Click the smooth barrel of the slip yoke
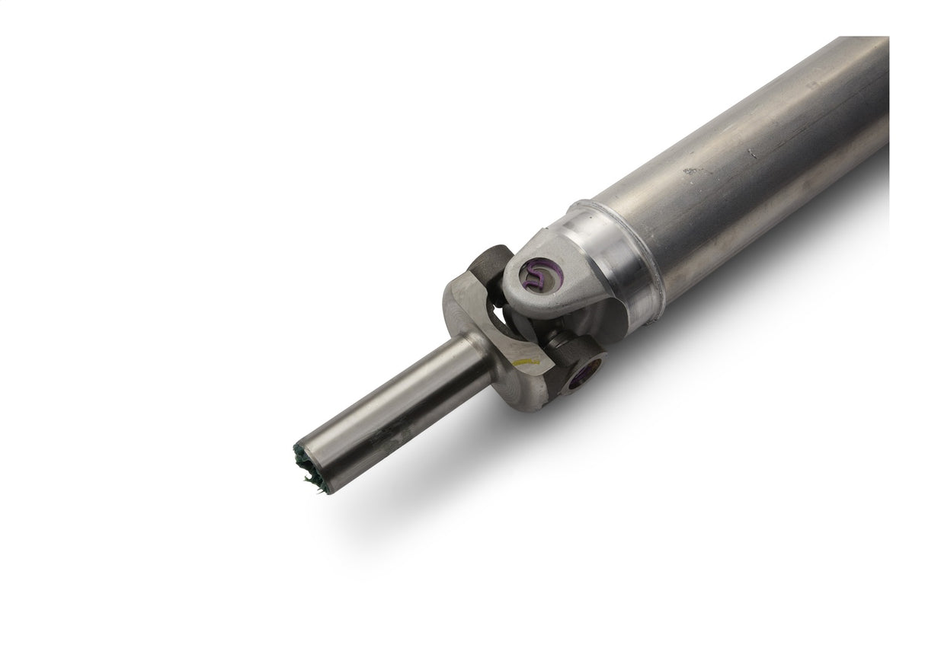pyautogui.click(x=396, y=407)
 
